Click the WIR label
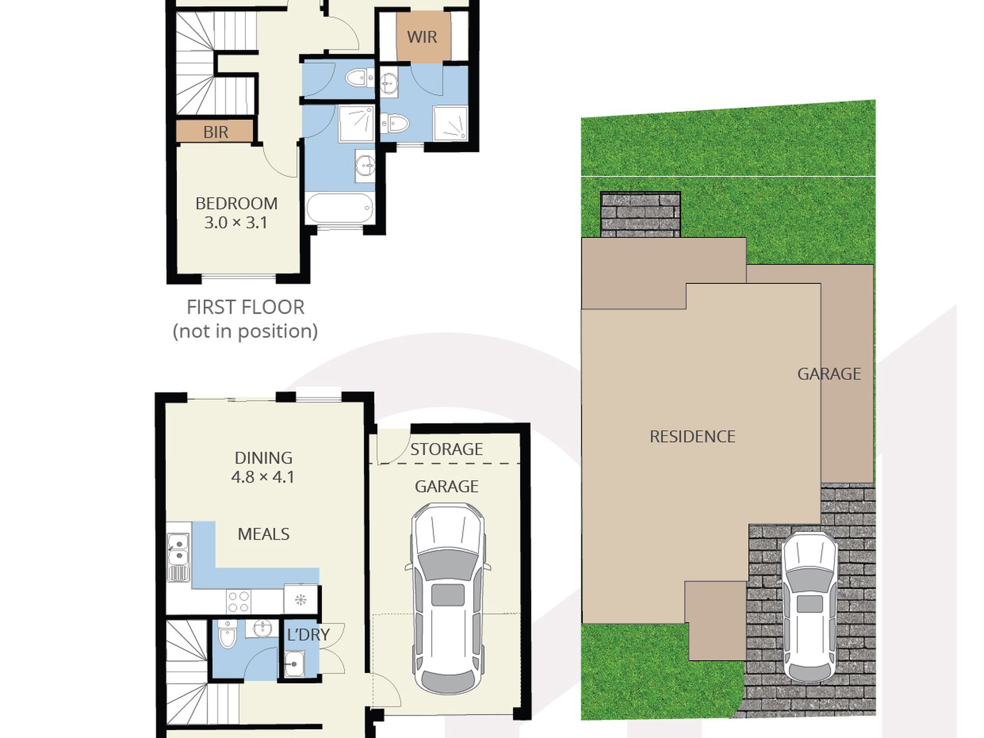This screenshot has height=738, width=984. click(422, 37)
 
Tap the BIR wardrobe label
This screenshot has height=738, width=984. click(215, 132)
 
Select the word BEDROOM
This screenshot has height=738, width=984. click(236, 204)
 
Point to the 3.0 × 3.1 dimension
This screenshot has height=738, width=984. click(236, 223)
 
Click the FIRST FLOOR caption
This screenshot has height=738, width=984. click(245, 307)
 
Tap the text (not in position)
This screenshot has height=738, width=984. click(245, 331)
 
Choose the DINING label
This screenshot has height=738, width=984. click(263, 458)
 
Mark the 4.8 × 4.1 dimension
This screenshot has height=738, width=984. click(263, 477)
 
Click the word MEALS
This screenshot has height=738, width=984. click(263, 534)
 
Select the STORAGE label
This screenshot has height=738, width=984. click(446, 449)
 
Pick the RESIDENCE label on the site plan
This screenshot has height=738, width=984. click(692, 437)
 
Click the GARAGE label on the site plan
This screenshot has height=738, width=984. click(829, 374)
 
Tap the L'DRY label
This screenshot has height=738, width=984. click(308, 634)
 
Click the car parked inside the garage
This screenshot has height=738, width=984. click(447, 599)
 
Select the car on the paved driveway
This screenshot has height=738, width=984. click(809, 607)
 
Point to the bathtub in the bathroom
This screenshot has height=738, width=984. click(340, 208)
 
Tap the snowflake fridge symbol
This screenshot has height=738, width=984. click(300, 600)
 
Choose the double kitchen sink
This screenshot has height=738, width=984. click(178, 557)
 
